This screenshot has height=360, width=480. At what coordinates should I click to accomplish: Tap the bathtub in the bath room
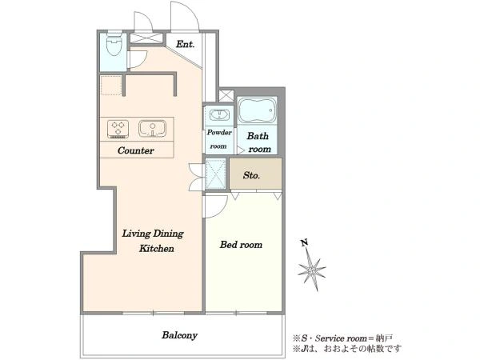tap(257, 110)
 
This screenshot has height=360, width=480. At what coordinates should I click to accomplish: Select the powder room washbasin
tap(219, 115)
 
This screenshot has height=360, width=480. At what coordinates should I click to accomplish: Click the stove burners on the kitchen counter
tap(118, 129)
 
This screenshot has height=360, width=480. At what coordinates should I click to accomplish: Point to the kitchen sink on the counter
tap(153, 129)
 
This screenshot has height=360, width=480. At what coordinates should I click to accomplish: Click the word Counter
tap(136, 150)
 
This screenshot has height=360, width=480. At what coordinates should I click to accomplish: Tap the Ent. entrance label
tap(186, 44)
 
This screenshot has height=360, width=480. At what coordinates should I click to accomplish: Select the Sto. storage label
tap(252, 175)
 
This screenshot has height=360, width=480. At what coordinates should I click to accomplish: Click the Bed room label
tap(242, 245)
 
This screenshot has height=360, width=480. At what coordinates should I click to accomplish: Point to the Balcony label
tap(179, 335)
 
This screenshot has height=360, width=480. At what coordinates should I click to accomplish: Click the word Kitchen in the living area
tap(157, 248)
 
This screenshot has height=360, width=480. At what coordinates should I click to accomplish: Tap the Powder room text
tap(219, 139)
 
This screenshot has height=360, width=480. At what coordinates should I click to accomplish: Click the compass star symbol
tap(312, 270)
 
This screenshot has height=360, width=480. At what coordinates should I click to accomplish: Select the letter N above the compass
tap(304, 243)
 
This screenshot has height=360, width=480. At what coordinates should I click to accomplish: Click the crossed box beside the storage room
tap(216, 174)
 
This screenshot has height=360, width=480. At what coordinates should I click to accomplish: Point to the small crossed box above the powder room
tap(226, 95)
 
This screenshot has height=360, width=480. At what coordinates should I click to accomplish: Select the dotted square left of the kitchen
tap(111, 85)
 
